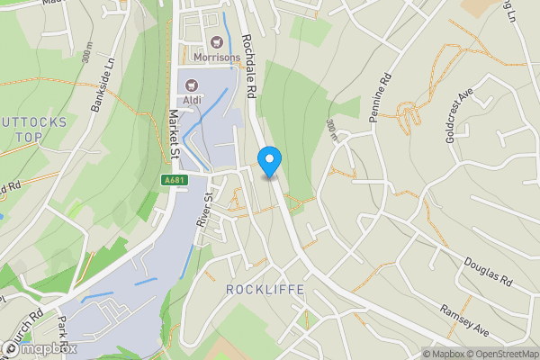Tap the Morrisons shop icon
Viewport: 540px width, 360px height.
(x=217, y=41)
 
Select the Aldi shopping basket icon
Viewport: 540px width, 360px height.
(x=192, y=85)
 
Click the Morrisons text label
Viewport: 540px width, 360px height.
(x=217, y=58)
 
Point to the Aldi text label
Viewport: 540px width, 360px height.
(x=192, y=101)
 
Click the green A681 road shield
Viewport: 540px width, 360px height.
(x=175, y=180)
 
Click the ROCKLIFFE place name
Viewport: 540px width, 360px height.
(x=265, y=290)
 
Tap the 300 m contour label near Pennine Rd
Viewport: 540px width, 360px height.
(x=332, y=131)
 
